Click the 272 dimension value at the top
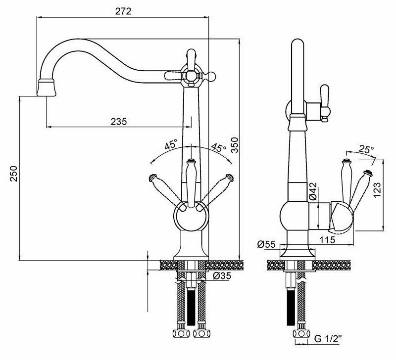tap(124, 11)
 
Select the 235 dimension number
tap(119, 121)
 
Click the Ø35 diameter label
tap(221, 276)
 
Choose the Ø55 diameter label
tap(267, 244)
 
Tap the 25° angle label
tap(367, 149)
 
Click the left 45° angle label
tap(171, 145)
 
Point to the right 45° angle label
tap(218, 148)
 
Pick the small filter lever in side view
tap(325, 101)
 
